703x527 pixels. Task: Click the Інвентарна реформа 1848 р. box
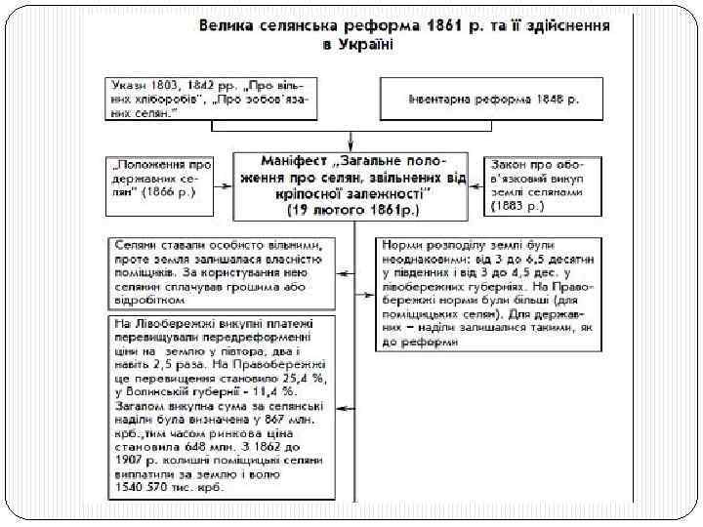pyautogui.click(x=493, y=99)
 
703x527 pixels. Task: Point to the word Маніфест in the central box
pyautogui.click(x=297, y=159)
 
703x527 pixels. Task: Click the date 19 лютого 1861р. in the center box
pyautogui.click(x=351, y=209)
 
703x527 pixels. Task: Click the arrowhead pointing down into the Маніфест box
pyautogui.click(x=351, y=144)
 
